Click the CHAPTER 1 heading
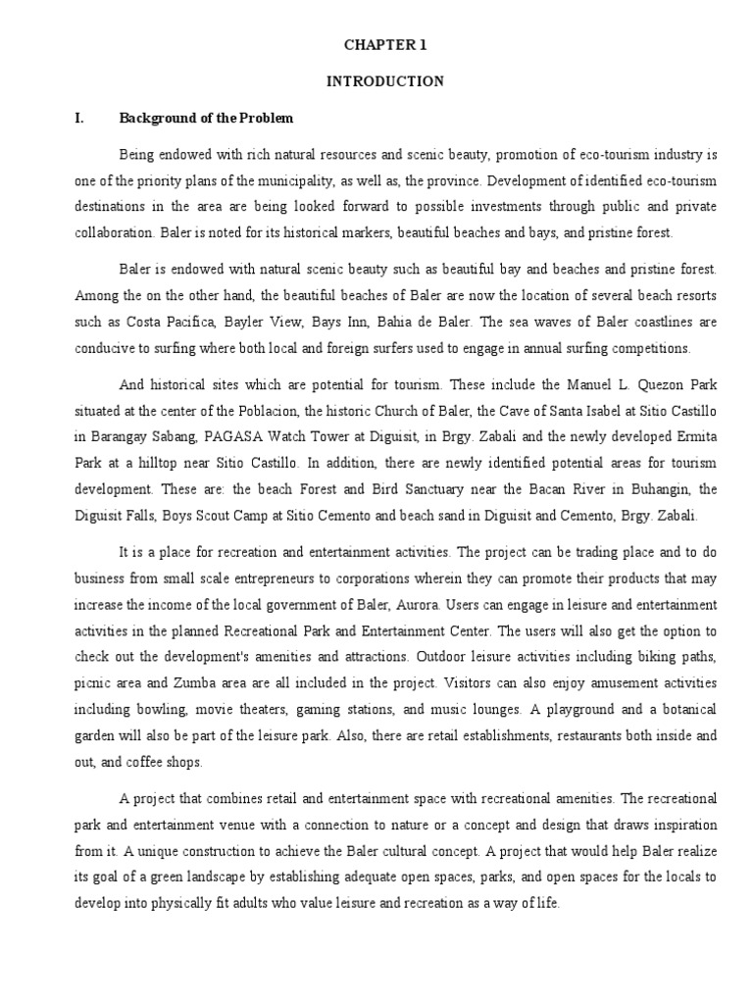384,45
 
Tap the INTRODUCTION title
384,81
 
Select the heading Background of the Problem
206,118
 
